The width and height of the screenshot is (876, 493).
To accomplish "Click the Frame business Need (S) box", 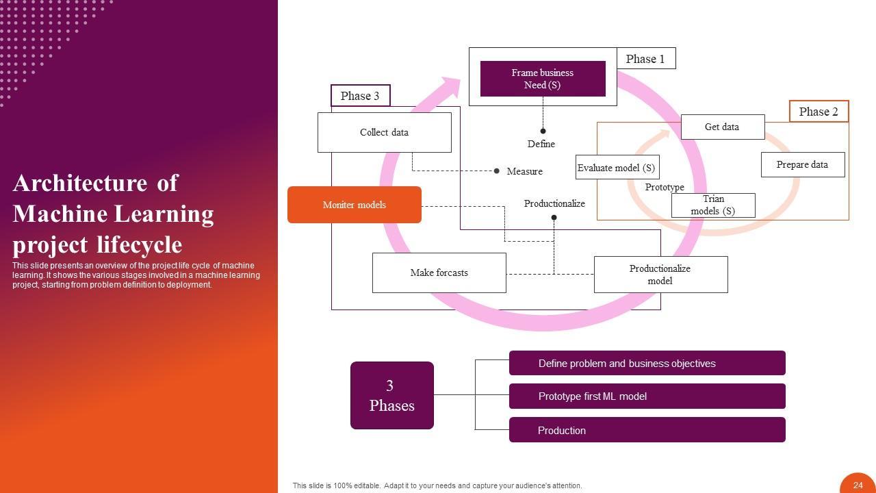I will point(543,79).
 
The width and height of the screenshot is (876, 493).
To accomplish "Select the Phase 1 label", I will point(645,59).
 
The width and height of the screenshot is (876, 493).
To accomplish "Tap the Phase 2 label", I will point(819,112).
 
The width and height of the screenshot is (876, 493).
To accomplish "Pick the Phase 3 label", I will point(360,96).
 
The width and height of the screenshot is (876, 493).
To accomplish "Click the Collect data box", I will point(384,132).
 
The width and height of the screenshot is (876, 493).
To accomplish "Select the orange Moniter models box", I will point(354,205).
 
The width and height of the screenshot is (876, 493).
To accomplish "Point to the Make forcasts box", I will point(439,273).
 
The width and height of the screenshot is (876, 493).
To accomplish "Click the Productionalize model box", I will point(660,275).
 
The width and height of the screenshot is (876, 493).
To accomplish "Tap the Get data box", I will point(722,127).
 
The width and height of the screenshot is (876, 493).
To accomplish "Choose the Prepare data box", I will point(802,164).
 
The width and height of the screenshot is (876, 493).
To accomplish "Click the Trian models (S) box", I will point(712,205).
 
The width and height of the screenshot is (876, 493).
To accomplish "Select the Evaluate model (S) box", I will point(616,168).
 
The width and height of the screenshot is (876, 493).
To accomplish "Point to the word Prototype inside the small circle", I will point(665,187).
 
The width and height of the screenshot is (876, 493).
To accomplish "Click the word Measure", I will point(524,171).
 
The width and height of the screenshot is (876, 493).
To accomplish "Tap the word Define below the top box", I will point(541,144).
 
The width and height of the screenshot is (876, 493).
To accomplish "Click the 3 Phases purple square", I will point(391,396).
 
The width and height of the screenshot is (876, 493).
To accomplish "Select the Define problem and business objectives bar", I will point(647,364).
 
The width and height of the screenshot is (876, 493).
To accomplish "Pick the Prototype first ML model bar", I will point(647,396).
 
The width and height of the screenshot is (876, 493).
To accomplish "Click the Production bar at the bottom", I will point(647,430).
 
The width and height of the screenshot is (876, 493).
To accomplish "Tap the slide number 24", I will point(858,485).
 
